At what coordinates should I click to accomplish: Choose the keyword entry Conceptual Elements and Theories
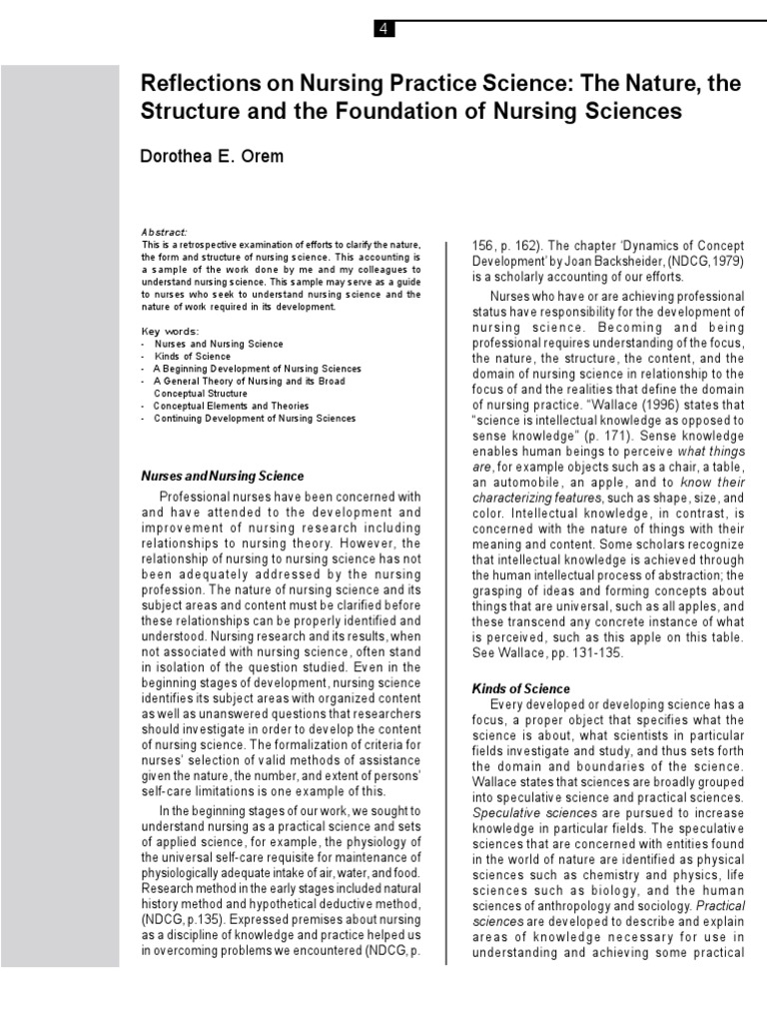pos(231,406)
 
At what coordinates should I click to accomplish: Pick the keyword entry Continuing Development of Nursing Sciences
pos(255,419)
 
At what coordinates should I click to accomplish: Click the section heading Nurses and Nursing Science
pos(222,476)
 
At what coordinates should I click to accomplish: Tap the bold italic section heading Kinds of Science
pos(520,688)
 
